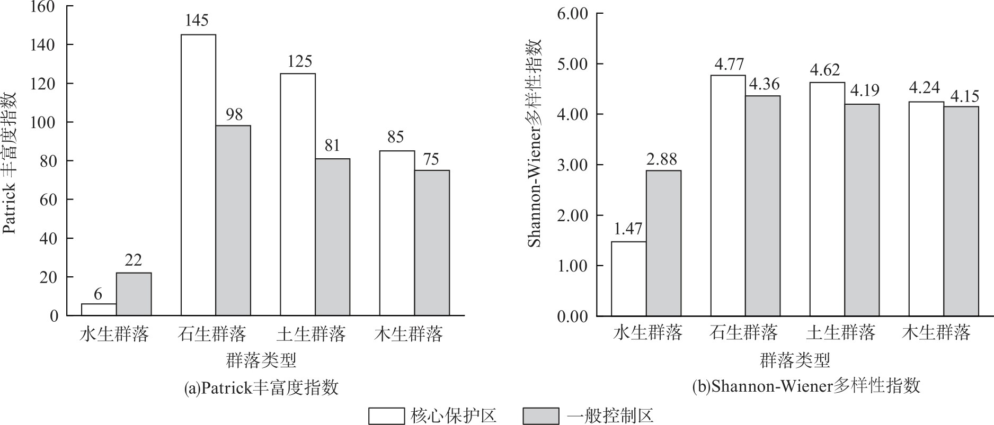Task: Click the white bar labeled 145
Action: tap(198, 175)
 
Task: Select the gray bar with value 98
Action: tap(233, 220)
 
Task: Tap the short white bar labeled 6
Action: tap(99, 310)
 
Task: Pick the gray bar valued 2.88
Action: tap(663, 243)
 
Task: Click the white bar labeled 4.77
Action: tap(728, 195)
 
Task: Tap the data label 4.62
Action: tap(827, 70)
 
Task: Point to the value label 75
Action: tap(432, 159)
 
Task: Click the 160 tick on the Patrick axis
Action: tap(43, 7)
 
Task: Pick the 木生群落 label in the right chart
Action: tap(937, 332)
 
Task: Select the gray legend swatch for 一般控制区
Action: tap(540, 416)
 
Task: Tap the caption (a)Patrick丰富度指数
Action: tap(261, 388)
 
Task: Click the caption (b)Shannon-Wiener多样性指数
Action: tap(806, 386)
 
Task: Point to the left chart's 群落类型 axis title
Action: tap(261, 361)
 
